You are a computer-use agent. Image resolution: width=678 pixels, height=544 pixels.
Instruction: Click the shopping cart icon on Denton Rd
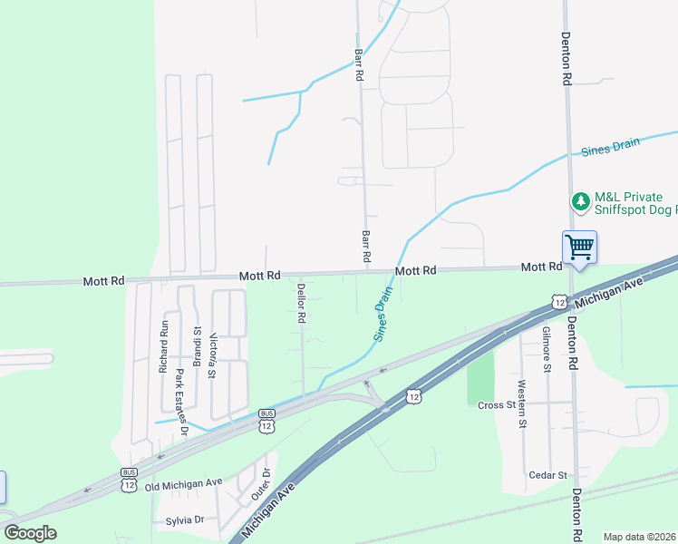[579, 247]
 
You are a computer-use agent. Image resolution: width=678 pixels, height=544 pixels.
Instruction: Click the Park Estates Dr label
[180, 402]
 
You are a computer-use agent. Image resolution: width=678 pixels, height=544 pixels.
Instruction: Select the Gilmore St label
[547, 349]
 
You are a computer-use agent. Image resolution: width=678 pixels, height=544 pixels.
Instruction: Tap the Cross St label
[496, 405]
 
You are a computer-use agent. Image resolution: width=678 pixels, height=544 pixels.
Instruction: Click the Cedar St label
[548, 475]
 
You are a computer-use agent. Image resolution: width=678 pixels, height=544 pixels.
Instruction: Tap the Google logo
[31, 532]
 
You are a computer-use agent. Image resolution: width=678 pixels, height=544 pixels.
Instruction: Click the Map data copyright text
[639, 537]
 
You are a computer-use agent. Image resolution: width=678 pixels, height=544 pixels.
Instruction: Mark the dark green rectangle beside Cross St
[479, 377]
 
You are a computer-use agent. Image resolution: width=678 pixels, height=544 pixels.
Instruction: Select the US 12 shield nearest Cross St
[413, 396]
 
